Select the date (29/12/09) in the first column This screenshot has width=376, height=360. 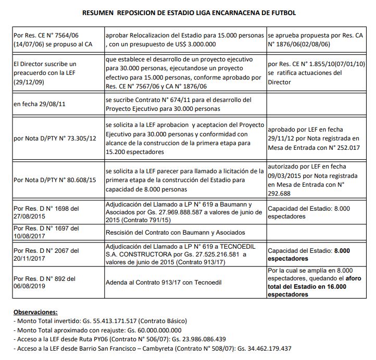coord(29,82)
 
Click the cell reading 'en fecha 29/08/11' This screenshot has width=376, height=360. coord(40,104)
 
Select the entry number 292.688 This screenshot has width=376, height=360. coord(282,192)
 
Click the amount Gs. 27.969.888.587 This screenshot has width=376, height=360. coord(187,213)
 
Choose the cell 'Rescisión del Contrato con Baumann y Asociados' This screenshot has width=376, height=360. coord(176,232)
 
